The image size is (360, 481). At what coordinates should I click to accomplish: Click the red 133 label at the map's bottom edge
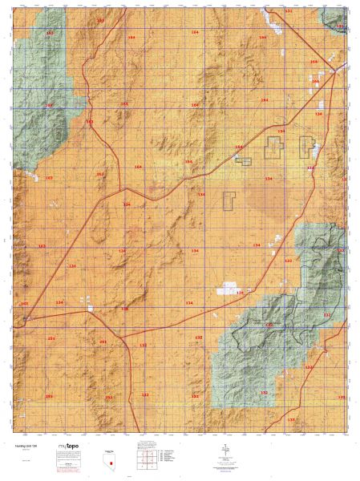[290, 420]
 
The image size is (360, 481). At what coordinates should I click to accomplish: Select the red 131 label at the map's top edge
[289, 12]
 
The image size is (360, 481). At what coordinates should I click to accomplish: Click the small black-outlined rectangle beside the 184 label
[244, 160]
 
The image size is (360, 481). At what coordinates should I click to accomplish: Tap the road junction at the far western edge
[26, 318]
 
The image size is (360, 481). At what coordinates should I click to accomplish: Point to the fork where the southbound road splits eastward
[123, 334]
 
